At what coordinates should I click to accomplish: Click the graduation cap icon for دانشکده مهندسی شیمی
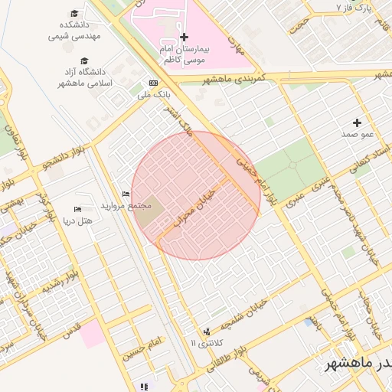tap(74, 13)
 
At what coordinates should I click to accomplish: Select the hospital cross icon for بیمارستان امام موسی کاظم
tap(184, 37)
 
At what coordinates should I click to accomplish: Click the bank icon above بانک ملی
tap(154, 83)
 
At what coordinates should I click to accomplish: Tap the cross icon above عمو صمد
tap(357, 122)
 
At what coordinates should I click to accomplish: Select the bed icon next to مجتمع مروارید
tap(126, 194)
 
